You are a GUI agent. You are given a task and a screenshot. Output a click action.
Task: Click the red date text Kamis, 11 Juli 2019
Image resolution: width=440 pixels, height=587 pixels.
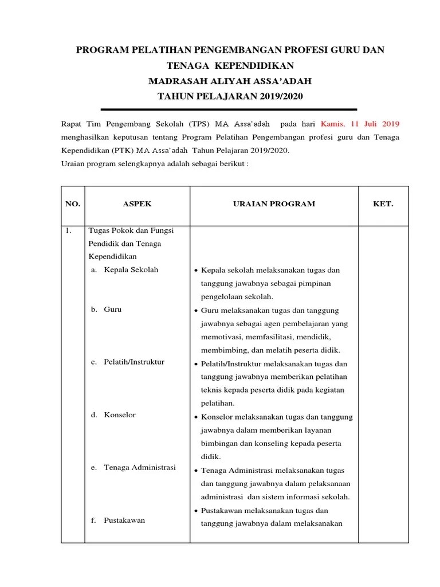pos(360,124)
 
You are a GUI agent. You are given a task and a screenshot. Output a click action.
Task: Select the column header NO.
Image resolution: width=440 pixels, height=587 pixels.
pos(73,204)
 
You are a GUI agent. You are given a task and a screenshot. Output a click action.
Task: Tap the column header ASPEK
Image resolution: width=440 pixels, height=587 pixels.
pos(137,204)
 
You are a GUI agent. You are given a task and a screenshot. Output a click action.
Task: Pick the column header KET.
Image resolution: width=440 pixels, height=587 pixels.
pos(383,204)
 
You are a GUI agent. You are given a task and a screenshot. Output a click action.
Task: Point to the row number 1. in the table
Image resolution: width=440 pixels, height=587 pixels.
pos(68,231)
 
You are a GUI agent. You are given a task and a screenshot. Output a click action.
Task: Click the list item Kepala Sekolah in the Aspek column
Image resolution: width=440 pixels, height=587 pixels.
pos(131,270)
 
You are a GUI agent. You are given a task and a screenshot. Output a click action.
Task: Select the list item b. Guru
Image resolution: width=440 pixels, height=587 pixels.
pos(107,310)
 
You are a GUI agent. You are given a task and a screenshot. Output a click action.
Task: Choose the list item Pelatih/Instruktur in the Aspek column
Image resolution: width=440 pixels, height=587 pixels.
pos(134,362)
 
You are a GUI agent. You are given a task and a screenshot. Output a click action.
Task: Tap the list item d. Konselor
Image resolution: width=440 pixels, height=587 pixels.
pos(113,415)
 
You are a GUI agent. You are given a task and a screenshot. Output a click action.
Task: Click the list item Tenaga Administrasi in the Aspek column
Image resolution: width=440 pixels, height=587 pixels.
pos(139,468)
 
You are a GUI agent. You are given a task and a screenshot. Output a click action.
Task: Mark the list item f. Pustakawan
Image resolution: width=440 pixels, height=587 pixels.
pos(118,521)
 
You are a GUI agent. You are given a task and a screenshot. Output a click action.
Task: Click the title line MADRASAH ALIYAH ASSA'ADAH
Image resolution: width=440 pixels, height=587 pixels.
pos(230,81)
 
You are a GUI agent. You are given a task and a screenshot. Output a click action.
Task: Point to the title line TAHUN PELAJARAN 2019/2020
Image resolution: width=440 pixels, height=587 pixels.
pos(230,96)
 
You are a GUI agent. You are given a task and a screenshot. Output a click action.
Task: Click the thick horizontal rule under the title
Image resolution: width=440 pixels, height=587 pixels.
pos(229,109)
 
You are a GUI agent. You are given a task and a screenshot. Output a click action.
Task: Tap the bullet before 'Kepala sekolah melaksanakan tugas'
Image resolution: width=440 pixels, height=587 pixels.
pos(196,271)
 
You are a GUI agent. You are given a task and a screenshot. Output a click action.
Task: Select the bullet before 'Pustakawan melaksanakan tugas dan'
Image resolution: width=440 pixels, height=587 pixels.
pos(196,511)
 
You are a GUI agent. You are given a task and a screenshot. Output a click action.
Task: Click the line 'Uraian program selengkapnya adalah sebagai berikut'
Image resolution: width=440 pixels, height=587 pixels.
pos(155,164)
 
